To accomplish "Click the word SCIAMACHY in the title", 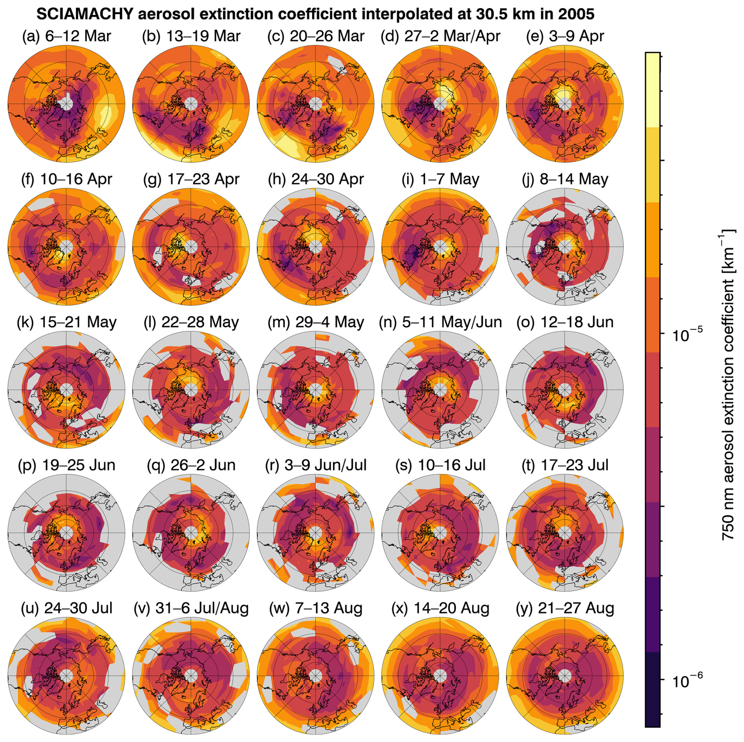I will (x=85, y=15).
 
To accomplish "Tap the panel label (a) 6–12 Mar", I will (x=66, y=36).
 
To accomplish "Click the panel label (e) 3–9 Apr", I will (x=565, y=36).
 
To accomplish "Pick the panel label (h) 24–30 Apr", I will (x=316, y=179).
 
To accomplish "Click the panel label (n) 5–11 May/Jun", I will (x=440, y=322).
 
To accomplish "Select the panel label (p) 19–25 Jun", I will (x=66, y=465).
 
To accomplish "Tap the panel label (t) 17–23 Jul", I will (x=565, y=465).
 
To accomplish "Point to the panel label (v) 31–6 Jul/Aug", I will (x=191, y=608).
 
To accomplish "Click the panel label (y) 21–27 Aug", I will (x=565, y=608).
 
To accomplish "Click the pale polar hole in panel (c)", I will (x=315, y=104).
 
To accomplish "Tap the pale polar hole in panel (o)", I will (x=565, y=390).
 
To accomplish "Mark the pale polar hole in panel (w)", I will (x=315, y=676).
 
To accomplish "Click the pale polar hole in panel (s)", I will (x=440, y=533).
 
